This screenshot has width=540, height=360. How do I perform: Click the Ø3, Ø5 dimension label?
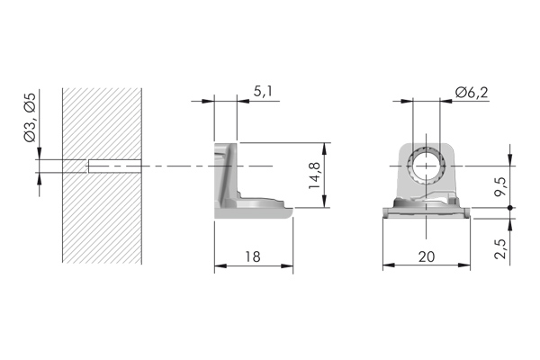(31, 118)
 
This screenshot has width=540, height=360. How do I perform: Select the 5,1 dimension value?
(263, 92)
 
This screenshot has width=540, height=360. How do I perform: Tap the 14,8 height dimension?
(315, 175)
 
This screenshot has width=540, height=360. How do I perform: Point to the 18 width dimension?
(253, 256)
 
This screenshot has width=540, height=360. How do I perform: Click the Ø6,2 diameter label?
(472, 93)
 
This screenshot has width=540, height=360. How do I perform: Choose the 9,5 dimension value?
(500, 186)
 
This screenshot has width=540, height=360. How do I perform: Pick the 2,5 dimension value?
(500, 248)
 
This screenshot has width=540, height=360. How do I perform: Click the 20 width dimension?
(427, 256)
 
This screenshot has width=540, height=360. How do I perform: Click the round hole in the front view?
(427, 166)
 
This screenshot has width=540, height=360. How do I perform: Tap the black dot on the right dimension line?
(510, 208)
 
